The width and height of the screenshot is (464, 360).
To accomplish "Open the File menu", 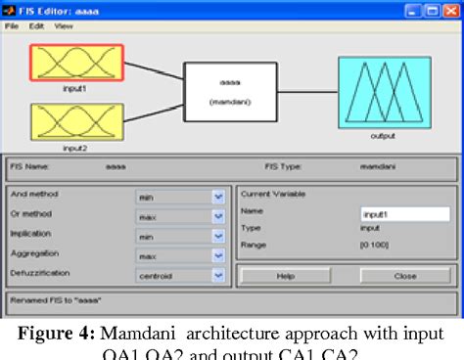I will pyautogui.click(x=13, y=25).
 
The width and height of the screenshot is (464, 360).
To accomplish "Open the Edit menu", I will pyautogui.click(x=38, y=25).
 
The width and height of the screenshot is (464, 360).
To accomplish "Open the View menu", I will pyautogui.click(x=64, y=25).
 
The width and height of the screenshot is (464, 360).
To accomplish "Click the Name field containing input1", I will pyautogui.click(x=404, y=212).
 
